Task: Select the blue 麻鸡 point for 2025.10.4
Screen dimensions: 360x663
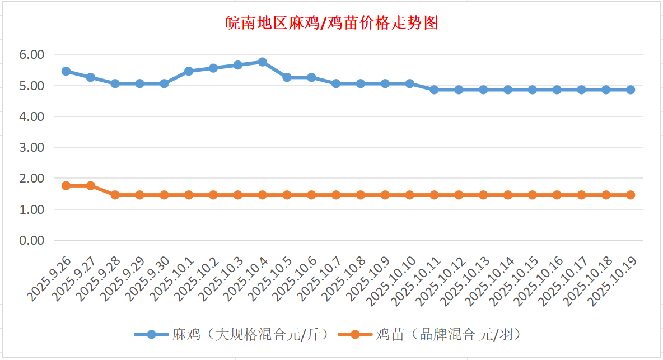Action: [x=262, y=62]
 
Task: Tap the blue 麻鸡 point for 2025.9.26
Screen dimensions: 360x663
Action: [x=66, y=71]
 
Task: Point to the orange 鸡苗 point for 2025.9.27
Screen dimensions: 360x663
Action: [x=91, y=185]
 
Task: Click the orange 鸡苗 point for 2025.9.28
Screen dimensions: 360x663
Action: [x=115, y=195]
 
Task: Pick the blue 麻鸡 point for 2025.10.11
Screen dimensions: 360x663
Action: [x=434, y=90]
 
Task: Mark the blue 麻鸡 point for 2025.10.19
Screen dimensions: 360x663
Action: [x=630, y=90]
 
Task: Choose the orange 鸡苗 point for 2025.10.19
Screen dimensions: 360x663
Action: [x=630, y=195]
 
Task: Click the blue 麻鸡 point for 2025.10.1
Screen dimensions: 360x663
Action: [x=189, y=71]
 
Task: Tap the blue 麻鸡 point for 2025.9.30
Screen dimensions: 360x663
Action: [x=164, y=83]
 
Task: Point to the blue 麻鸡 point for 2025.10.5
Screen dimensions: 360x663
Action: [x=287, y=77]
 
